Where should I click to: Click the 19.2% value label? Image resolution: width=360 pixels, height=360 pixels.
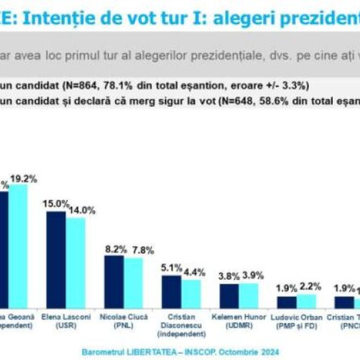(23, 178)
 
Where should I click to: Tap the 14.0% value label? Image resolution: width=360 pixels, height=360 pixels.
(82, 209)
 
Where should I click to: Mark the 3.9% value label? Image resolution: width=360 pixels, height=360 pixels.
(252, 276)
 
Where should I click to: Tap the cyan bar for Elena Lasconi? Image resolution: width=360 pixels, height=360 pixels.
(76, 262)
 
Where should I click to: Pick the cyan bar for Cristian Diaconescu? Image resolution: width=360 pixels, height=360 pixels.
(191, 293)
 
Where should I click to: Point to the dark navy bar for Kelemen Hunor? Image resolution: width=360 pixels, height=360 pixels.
(229, 295)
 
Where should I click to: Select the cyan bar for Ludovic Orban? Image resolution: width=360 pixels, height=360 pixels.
(306, 301)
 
